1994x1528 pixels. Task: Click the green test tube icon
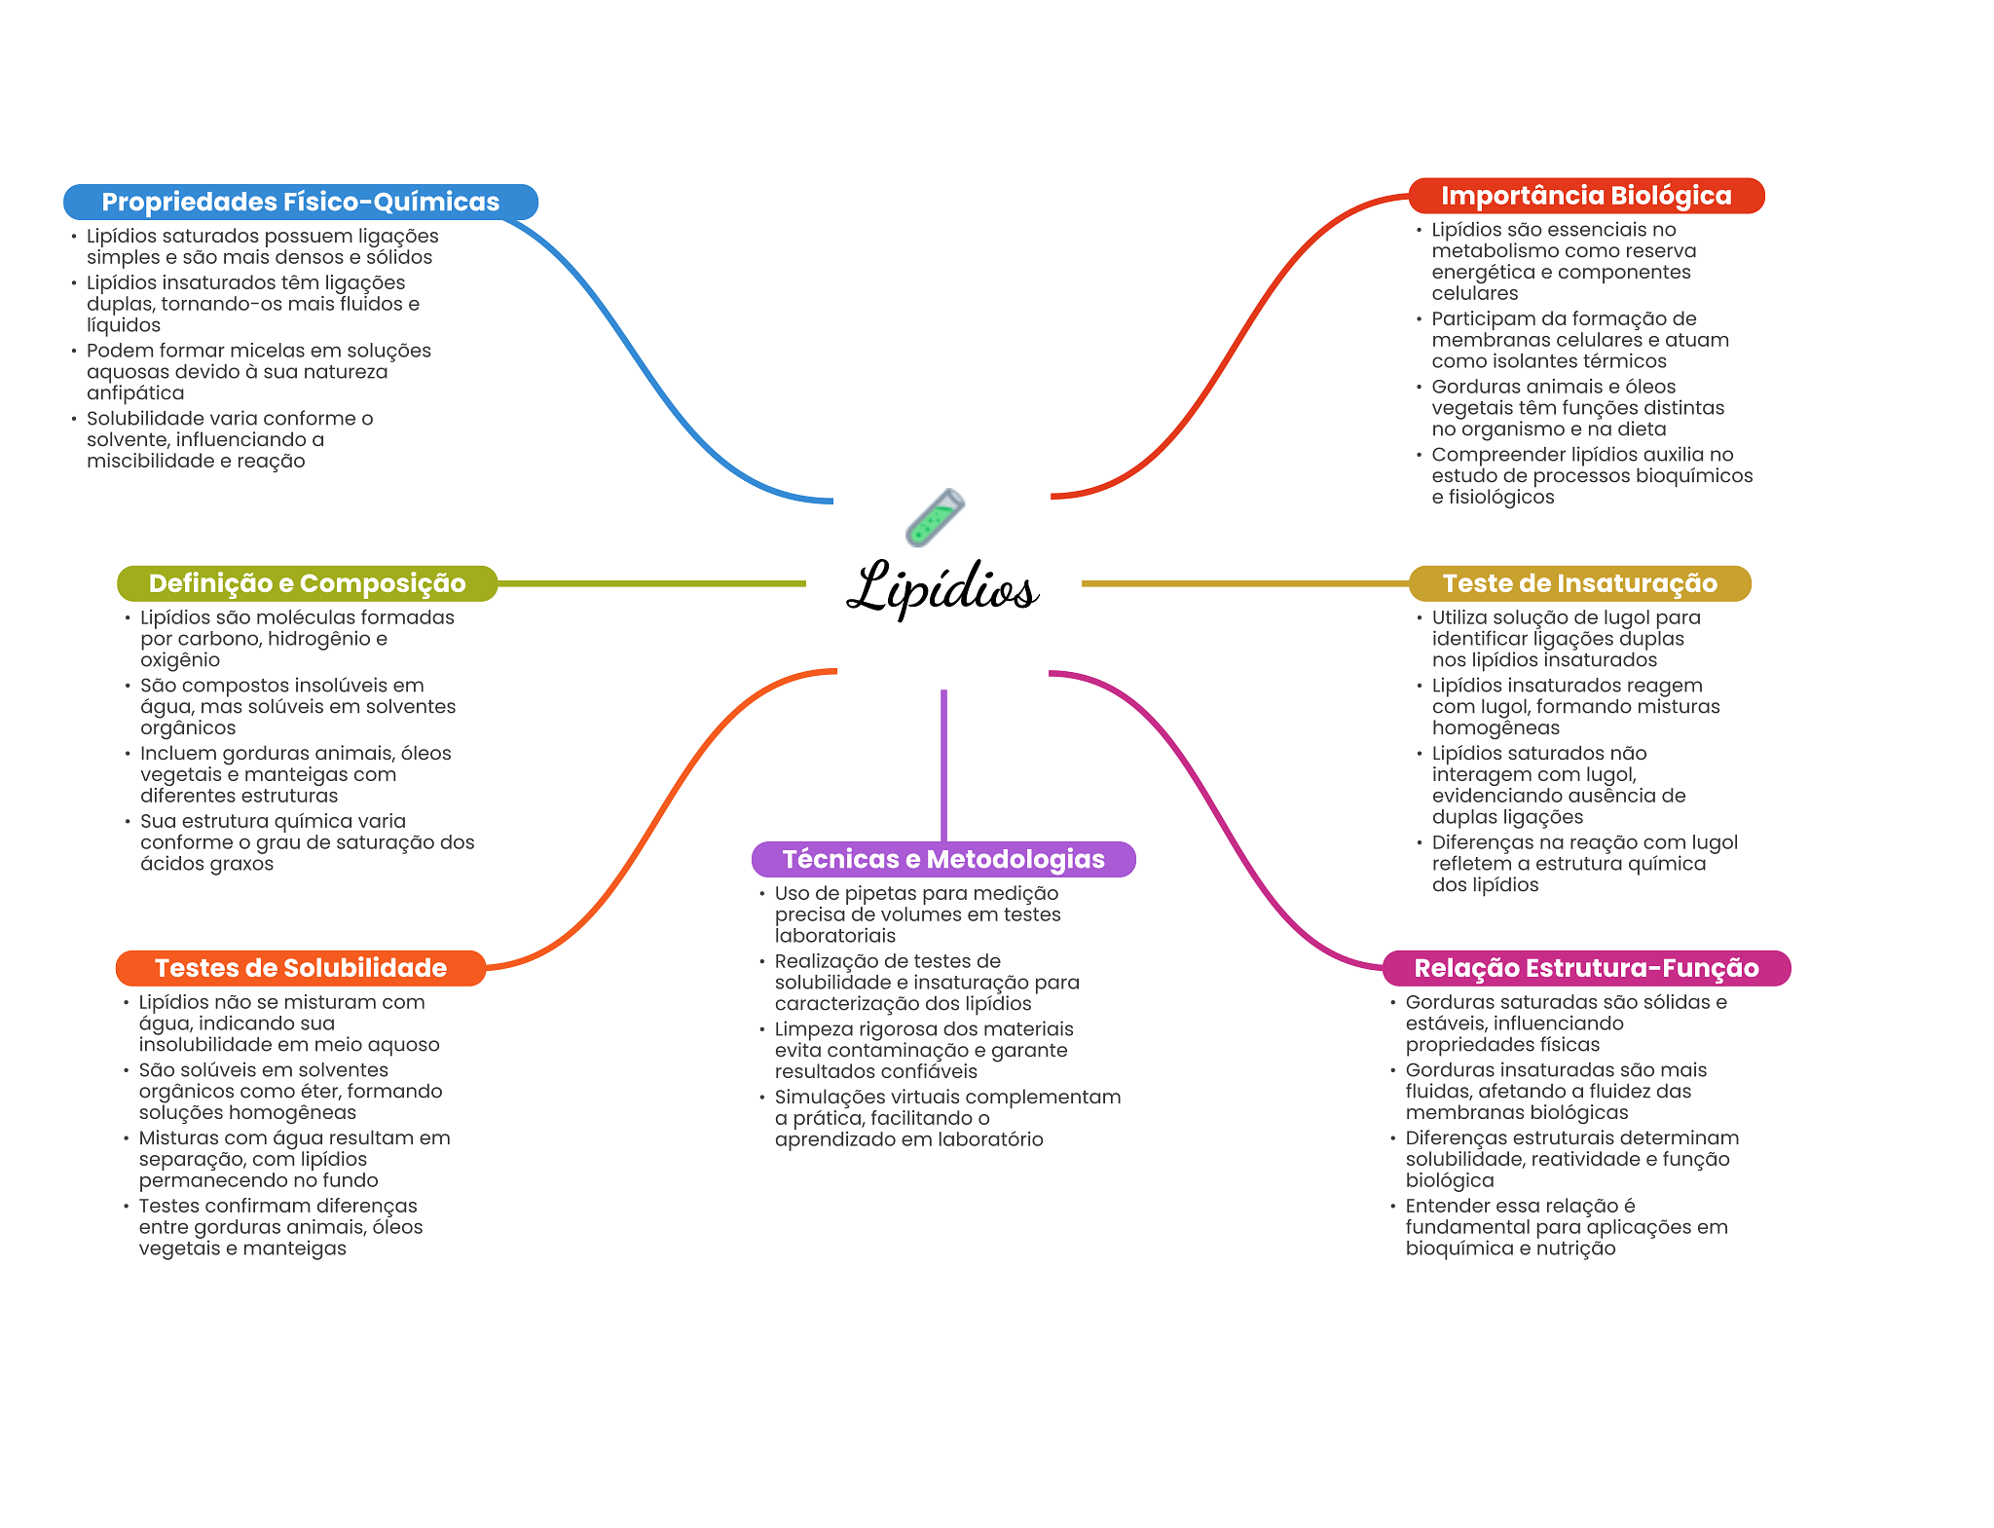coord(934,517)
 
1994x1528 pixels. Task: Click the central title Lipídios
coord(942,587)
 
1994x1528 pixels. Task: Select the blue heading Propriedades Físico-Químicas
coord(300,202)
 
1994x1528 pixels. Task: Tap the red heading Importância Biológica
coord(1585,196)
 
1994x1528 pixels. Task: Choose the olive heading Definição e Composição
coord(307,583)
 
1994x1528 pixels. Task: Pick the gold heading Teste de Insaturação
coord(1579,583)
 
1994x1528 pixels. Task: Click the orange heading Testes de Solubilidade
coord(300,968)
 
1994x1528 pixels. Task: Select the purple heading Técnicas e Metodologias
coord(942,859)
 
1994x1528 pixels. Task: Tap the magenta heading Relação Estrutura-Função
coord(1585,968)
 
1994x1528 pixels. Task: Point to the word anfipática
coord(135,393)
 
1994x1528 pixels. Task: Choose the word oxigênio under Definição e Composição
coord(180,660)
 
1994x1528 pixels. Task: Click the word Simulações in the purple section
coord(829,1098)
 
